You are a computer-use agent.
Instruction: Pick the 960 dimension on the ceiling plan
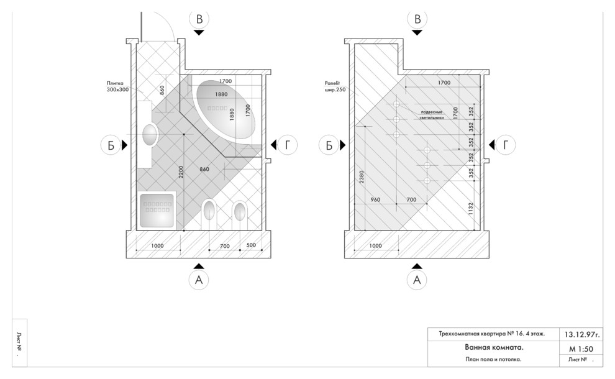(375, 199)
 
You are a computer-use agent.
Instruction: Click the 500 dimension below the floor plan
(251, 246)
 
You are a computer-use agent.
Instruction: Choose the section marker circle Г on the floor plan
(287, 145)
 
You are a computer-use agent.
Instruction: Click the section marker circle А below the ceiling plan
(417, 280)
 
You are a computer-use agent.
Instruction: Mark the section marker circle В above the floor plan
(199, 19)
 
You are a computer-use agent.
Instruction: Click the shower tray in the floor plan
(158, 209)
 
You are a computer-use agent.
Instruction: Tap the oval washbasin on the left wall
(150, 134)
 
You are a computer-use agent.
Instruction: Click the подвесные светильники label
(431, 114)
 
